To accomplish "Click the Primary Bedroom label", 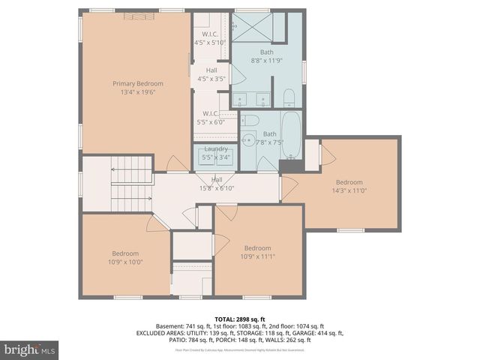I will coord(133,83).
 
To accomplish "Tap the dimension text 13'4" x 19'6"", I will coord(133,91).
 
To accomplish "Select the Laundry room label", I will coord(215,149).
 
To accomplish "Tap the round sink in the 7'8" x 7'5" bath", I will coord(248,139).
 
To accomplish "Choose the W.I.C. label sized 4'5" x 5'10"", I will coord(210,39).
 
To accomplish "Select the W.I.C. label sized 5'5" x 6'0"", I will coord(210,118).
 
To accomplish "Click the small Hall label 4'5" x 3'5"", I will coord(211,74).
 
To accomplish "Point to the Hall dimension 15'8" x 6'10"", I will coord(217,187).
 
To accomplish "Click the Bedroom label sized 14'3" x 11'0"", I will coord(349,186).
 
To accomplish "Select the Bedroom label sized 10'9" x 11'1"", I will coord(256,253).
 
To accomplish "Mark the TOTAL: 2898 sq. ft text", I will coord(239,319).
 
